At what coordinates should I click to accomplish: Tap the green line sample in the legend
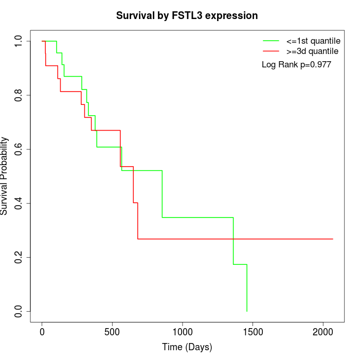[271, 41]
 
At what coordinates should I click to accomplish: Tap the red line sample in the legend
[271, 51]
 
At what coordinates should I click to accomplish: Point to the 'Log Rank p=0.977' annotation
[296, 65]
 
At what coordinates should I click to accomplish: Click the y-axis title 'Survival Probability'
[5, 176]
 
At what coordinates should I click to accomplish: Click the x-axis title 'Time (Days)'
[187, 347]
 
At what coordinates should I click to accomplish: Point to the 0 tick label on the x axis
[42, 332]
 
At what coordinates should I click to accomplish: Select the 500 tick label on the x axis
[112, 332]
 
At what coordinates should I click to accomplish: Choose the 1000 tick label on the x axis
[183, 332]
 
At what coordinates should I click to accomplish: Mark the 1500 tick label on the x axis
[253, 332]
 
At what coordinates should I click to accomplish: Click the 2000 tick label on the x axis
[323, 332]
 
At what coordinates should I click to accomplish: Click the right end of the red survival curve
[333, 239]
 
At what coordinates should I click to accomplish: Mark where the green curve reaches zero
[247, 311]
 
